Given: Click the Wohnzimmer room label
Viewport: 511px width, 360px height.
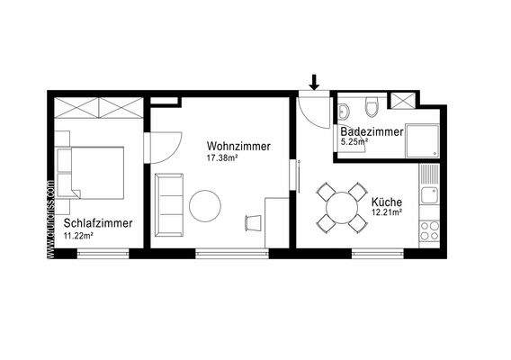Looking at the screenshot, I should click(238, 147).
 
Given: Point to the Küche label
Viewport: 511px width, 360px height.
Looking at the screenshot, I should click(386, 202).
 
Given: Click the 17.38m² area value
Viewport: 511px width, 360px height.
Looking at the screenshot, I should click(221, 158).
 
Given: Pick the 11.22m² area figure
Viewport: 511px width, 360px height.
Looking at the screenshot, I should click(77, 235).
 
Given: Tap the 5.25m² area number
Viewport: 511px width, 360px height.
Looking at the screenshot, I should click(354, 141).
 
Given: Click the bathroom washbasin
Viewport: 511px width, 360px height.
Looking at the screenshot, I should click(345, 111).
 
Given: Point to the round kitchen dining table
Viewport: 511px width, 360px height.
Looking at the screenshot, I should click(342, 209).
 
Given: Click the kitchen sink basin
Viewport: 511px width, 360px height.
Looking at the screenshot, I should click(433, 194).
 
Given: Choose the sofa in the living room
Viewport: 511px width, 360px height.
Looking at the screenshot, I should click(168, 201).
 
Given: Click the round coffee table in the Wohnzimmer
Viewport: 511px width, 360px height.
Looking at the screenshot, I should click(206, 206).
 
